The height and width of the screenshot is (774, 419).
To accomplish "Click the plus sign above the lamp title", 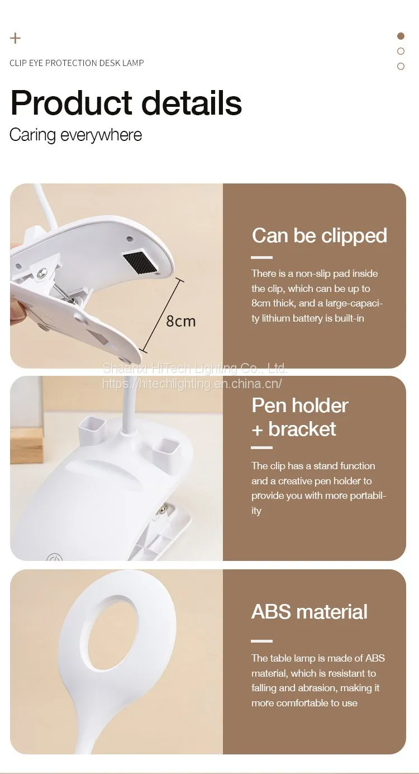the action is point(15,38).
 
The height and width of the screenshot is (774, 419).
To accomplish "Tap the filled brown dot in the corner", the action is point(401,36).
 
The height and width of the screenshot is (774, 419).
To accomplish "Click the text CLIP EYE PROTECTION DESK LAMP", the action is point(77,63).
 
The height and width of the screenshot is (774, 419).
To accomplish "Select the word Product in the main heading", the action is point(72,103).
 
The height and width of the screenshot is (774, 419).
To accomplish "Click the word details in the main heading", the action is point(192,103).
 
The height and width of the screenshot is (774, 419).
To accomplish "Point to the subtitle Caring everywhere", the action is point(75,135).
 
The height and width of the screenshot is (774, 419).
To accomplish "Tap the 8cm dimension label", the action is point(181,321).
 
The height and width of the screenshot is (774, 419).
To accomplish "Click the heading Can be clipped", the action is point(320,236).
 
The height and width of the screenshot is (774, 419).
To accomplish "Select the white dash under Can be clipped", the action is point(261,257).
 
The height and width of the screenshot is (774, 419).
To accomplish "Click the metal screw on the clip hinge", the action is point(42,272).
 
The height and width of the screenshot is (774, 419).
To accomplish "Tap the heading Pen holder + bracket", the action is point(300,417).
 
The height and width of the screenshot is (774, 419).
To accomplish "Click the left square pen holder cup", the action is point(92,426).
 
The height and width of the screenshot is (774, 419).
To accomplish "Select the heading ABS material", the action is point(310,612).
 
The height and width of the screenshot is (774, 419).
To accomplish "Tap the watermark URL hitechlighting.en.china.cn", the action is point(192,384).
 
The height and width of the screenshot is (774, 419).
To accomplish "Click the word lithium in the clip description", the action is point(276,318).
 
